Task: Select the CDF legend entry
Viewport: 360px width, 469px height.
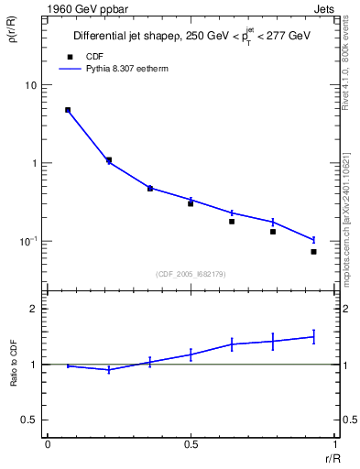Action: click(91, 57)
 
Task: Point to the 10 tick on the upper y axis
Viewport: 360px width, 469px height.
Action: click(31, 85)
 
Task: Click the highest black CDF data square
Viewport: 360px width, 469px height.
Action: click(68, 110)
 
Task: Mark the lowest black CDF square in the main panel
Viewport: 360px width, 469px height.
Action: click(313, 252)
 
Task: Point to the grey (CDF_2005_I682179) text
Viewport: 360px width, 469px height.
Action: click(191, 272)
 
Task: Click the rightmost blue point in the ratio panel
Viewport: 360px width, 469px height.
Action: click(313, 337)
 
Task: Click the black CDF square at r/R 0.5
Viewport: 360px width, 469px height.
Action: click(191, 203)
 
